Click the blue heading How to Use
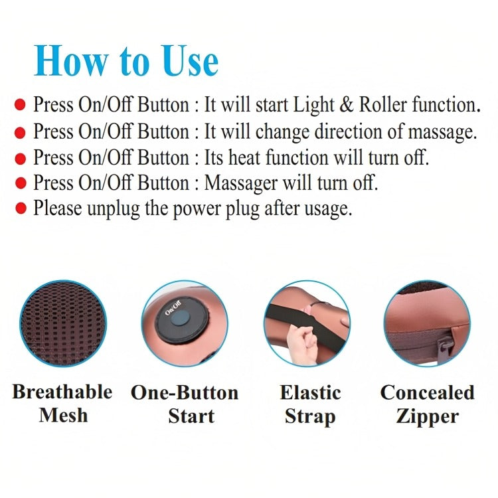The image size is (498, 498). point(126,60)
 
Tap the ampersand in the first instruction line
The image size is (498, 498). point(346,105)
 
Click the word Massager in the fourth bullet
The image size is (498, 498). point(241,184)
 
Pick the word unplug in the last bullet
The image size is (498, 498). point(114,210)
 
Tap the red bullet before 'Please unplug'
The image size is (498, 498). point(21,208)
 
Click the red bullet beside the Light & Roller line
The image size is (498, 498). point(20,104)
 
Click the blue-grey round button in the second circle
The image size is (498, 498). point(180,319)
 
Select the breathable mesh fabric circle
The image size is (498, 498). point(63,323)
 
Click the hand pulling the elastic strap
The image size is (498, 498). point(301,345)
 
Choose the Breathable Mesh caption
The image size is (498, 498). point(62,403)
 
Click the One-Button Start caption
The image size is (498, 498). point(185,404)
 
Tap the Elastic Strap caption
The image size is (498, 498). point(310,404)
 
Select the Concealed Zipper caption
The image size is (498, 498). point(428,404)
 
